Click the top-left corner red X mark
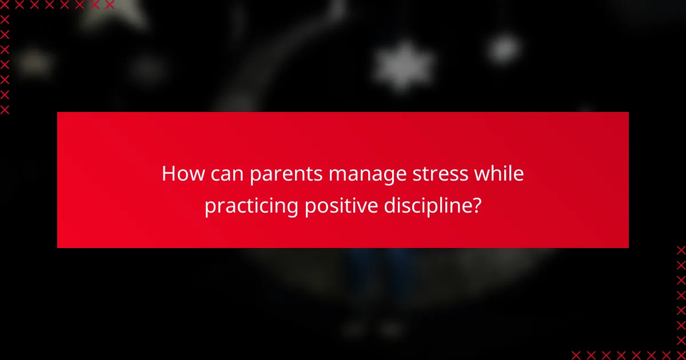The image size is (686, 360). point(5,5)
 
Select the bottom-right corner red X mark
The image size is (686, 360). point(681,355)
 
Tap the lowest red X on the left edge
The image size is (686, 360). point(5,109)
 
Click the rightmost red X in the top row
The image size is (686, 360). point(109,5)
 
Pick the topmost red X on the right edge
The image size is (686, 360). point(681,250)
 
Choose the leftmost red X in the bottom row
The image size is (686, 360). point(576,355)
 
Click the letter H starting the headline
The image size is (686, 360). point(167,174)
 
